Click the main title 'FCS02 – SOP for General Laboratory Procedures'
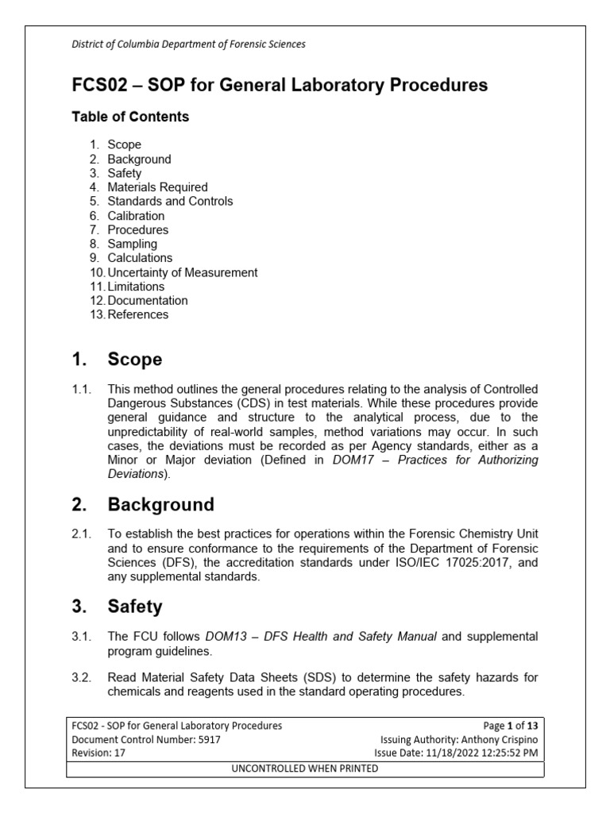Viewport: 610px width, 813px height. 280,85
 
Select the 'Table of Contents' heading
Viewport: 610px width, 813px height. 130,117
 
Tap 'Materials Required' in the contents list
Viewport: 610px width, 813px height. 157,187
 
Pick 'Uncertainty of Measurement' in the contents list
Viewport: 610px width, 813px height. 182,272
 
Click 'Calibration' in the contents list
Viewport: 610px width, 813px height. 136,216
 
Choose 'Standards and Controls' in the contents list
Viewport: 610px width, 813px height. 170,202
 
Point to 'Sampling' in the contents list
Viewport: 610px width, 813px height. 132,244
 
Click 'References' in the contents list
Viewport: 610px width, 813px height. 137,314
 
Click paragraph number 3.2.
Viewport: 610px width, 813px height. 83,677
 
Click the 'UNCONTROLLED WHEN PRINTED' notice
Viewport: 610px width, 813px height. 305,769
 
